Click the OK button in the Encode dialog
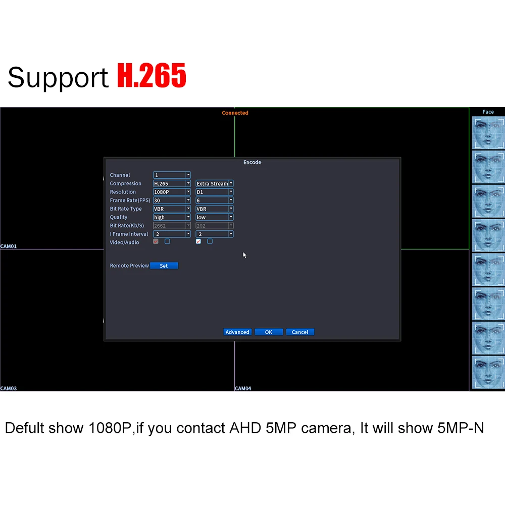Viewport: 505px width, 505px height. pyautogui.click(x=268, y=332)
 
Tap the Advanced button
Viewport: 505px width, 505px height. pyautogui.click(x=237, y=332)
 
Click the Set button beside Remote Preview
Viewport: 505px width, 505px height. pyautogui.click(x=164, y=266)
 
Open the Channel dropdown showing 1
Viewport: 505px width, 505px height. pyautogui.click(x=172, y=175)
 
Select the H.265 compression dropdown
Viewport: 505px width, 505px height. pyautogui.click(x=172, y=184)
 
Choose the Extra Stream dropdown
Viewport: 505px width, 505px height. pyautogui.click(x=215, y=184)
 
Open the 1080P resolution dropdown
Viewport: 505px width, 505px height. pyautogui.click(x=172, y=192)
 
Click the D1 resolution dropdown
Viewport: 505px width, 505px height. pyautogui.click(x=215, y=192)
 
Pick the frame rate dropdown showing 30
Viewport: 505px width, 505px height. pyautogui.click(x=172, y=200)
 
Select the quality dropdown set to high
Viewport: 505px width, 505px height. pyautogui.click(x=172, y=217)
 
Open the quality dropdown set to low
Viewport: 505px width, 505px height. pyautogui.click(x=215, y=217)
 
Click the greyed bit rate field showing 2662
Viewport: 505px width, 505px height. pyautogui.click(x=172, y=226)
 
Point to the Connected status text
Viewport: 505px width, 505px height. pyautogui.click(x=235, y=113)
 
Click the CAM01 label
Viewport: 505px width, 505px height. pyautogui.click(x=9, y=246)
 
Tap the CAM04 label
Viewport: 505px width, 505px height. pyautogui.click(x=243, y=388)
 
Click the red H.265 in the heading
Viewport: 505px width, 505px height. pyautogui.click(x=151, y=77)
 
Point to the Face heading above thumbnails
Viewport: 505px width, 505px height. pyautogui.click(x=488, y=112)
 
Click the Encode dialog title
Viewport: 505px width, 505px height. pyautogui.click(x=252, y=163)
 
